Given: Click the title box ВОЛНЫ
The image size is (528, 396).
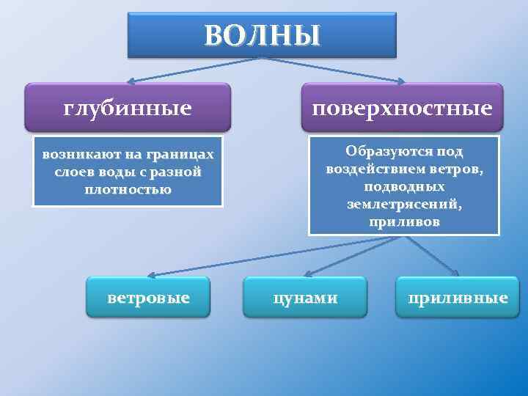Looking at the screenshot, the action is (262, 34).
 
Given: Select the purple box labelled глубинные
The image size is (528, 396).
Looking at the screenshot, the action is (128, 109).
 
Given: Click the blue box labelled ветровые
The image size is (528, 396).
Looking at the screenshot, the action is (148, 297).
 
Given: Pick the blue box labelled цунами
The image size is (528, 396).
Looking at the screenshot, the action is (305, 297).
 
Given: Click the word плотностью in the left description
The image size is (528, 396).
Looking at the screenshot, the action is (128, 189).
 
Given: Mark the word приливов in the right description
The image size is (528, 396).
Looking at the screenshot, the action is (405, 221).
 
